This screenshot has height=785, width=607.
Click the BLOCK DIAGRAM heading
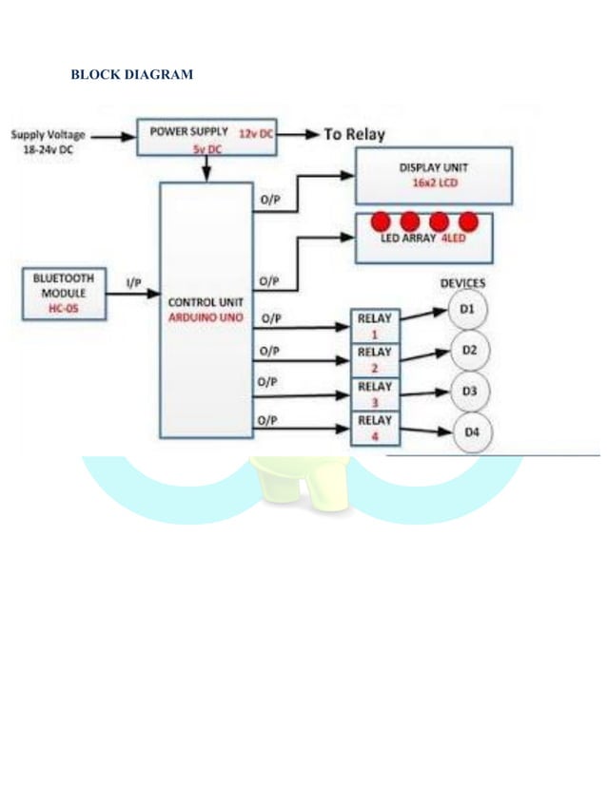132,74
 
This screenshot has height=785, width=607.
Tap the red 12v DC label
256,135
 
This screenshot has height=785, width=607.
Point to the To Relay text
354,135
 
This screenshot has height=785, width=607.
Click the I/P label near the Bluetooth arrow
135,283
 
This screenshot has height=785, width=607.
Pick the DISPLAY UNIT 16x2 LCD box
426,176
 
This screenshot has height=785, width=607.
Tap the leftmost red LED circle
381,221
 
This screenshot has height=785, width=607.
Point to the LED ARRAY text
408,239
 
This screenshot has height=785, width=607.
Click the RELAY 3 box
375,393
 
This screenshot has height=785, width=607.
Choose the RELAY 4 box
375,428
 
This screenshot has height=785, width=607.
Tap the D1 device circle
469,311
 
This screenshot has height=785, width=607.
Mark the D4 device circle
471,432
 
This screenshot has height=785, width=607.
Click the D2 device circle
469,351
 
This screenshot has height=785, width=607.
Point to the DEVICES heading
462,283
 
